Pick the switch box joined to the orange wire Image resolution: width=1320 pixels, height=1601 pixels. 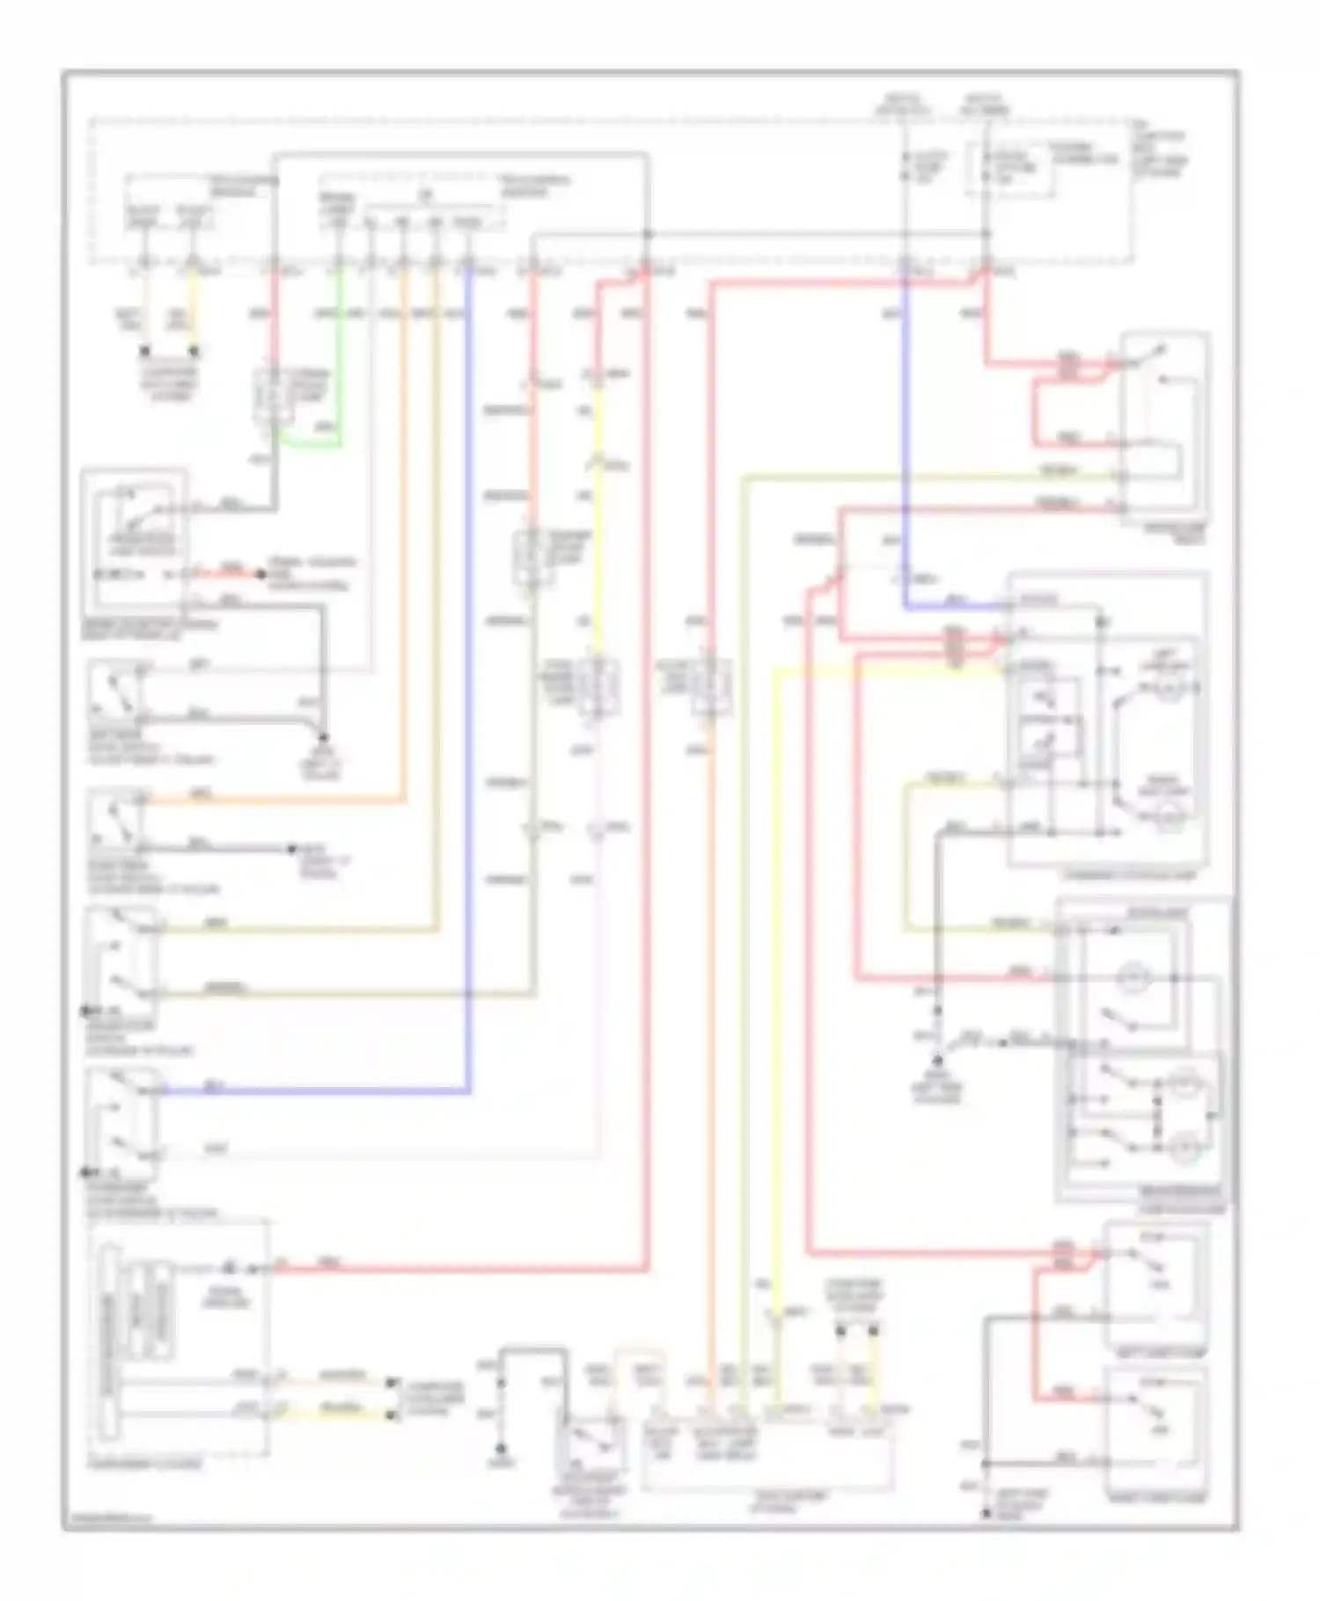(x=115, y=822)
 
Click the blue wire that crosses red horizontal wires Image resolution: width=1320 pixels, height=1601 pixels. (x=906, y=440)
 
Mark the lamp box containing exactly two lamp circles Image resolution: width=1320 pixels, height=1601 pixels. (x=1108, y=721)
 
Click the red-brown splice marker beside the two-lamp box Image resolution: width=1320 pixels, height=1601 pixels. (x=954, y=647)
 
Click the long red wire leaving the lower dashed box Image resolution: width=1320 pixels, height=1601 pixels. (x=458, y=1268)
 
